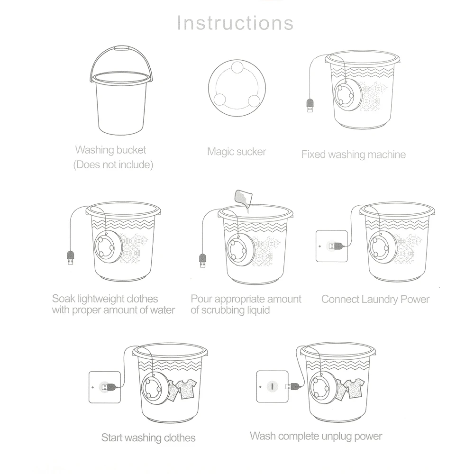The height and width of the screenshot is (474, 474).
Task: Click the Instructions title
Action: pyautogui.click(x=236, y=23)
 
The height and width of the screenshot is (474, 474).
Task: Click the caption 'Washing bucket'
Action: pyautogui.click(x=110, y=150)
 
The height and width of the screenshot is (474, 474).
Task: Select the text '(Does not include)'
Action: pyautogui.click(x=113, y=165)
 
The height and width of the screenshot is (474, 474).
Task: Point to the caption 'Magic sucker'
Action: pyautogui.click(x=237, y=152)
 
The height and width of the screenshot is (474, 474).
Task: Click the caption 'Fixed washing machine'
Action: pyautogui.click(x=353, y=154)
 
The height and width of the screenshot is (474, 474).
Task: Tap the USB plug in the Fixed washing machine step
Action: pyautogui.click(x=310, y=105)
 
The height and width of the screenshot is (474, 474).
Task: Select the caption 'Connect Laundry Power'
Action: pyautogui.click(x=375, y=299)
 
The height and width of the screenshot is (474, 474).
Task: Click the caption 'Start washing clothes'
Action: pyautogui.click(x=148, y=437)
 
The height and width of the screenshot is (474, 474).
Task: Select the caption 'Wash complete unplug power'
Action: pyautogui.click(x=316, y=436)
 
